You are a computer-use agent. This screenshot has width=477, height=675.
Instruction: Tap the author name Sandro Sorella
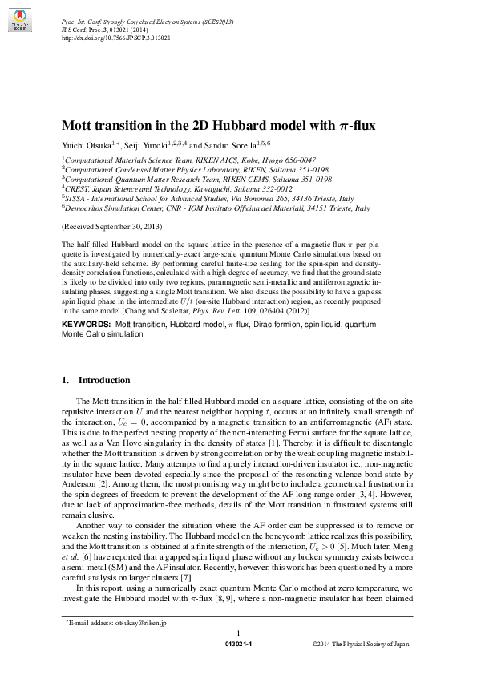click(x=222, y=146)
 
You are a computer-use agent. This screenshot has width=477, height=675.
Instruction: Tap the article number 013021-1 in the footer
click(x=238, y=644)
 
